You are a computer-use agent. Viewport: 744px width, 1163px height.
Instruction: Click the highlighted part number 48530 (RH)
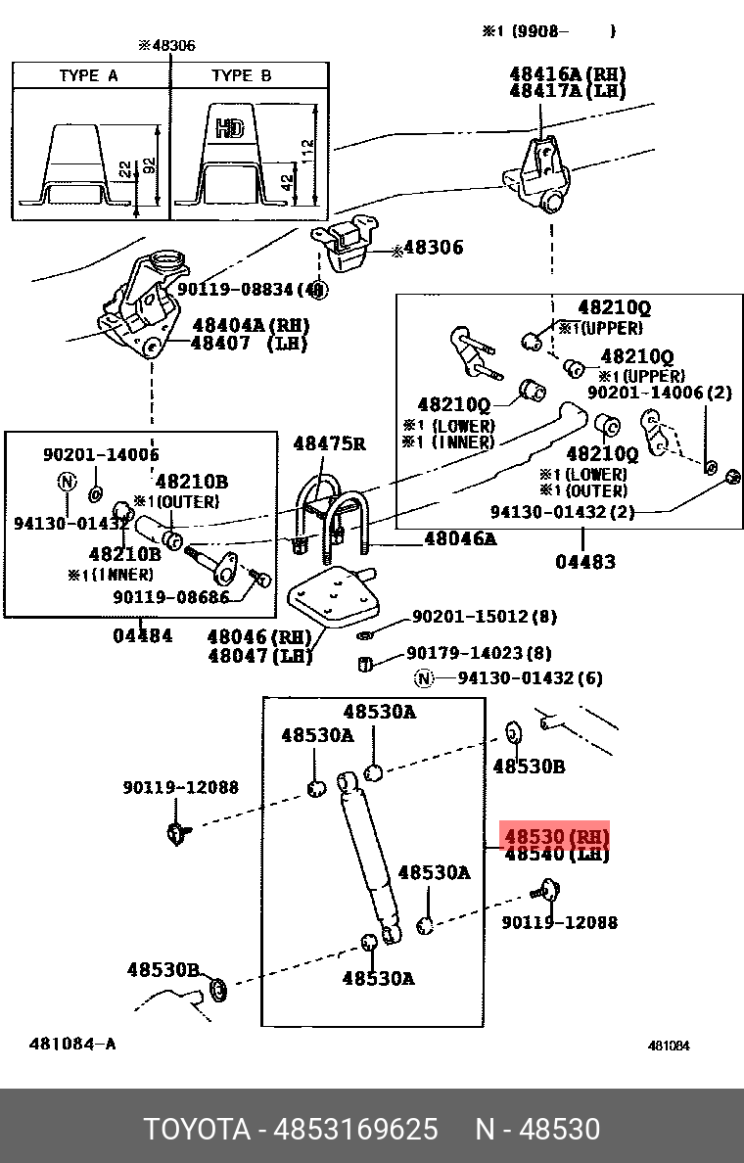[x=556, y=837]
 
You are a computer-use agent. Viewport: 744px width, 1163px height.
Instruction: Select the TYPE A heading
[x=88, y=75]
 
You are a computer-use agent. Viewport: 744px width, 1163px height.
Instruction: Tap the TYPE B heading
[x=241, y=75]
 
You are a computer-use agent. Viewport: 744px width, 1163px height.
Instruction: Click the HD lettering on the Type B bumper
[x=230, y=129]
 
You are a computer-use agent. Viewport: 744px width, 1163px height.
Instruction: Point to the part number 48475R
[x=329, y=443]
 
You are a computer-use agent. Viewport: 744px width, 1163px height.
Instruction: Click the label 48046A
[x=460, y=538]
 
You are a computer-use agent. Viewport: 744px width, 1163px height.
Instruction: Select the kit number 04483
[x=585, y=562]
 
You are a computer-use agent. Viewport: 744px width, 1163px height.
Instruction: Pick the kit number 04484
[x=142, y=635]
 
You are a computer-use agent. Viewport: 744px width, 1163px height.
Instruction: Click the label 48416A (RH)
[x=568, y=73]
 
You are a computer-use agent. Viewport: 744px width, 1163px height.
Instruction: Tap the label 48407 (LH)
[x=250, y=344]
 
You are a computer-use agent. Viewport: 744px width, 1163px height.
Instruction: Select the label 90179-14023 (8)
[x=479, y=653]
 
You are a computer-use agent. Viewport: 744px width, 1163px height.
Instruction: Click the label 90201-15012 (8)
[x=485, y=617]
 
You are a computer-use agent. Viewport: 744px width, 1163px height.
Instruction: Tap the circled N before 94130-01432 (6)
[x=423, y=677]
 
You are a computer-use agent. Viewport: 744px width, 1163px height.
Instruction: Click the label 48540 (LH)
[x=556, y=855]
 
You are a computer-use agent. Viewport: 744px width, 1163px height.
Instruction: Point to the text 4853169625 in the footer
[x=356, y=1129]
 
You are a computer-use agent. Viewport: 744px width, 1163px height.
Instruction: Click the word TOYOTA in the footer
[x=197, y=1129]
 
